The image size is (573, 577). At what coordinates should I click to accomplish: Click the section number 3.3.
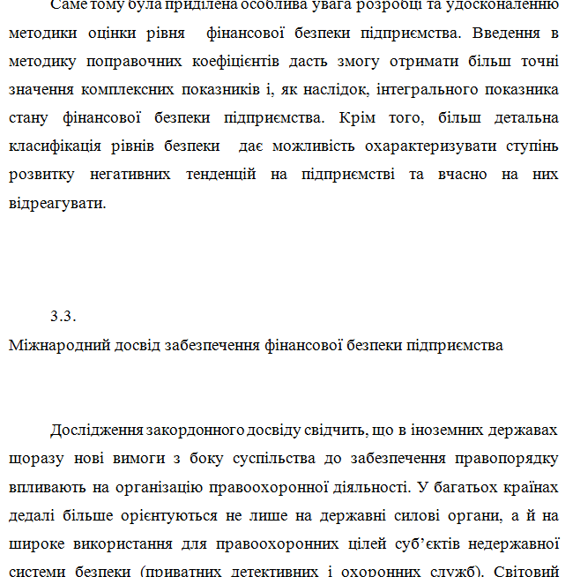[64, 315]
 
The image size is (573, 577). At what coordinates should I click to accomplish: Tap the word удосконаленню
[506, 5]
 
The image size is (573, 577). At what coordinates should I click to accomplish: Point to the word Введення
[507, 34]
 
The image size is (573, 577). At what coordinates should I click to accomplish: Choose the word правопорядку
[508, 458]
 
